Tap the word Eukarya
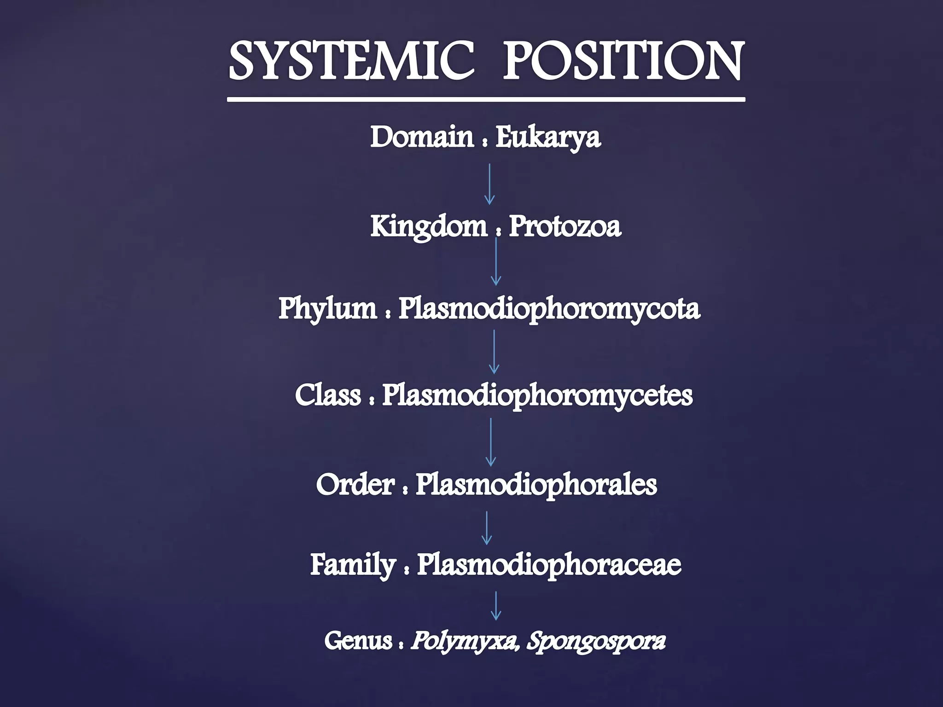tap(548, 137)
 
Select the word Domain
tap(422, 137)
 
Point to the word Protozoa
tap(565, 226)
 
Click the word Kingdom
tap(429, 227)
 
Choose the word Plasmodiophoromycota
tap(549, 308)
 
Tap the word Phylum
tap(327, 308)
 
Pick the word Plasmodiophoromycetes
tap(537, 395)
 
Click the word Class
tap(328, 395)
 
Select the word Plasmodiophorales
tap(536, 485)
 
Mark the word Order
tap(355, 485)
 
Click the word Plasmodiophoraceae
tap(549, 564)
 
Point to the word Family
tap(353, 565)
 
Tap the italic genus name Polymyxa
tap(463, 641)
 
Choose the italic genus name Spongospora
tap(596, 641)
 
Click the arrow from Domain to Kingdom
tap(489, 184)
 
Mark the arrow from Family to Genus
tap(496, 606)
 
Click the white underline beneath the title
tap(486, 99)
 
